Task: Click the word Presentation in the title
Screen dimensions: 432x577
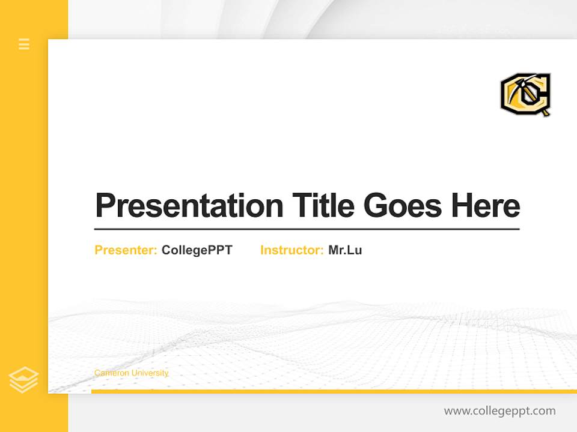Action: pyautogui.click(x=189, y=205)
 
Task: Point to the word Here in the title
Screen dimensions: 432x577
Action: pyautogui.click(x=486, y=205)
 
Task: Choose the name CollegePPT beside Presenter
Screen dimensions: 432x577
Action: pyautogui.click(x=197, y=250)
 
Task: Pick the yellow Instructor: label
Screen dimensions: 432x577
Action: pyautogui.click(x=292, y=250)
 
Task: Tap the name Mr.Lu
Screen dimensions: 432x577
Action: pyautogui.click(x=345, y=250)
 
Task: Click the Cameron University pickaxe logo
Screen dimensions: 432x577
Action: pyautogui.click(x=526, y=94)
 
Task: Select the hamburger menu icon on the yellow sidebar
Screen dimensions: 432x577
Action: pyautogui.click(x=24, y=44)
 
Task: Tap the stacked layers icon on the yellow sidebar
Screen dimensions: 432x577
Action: pyautogui.click(x=23, y=380)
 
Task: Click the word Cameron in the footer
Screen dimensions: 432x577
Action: pyautogui.click(x=111, y=373)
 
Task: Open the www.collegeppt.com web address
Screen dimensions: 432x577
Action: pyautogui.click(x=499, y=411)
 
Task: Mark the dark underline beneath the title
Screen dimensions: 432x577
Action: pyautogui.click(x=307, y=229)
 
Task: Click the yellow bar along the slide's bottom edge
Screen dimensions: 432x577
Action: pyautogui.click(x=334, y=391)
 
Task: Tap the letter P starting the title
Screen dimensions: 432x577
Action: pyautogui.click(x=106, y=205)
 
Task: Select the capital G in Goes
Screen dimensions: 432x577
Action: pyautogui.click(x=376, y=205)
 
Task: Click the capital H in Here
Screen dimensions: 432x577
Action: pyautogui.click(x=463, y=205)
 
